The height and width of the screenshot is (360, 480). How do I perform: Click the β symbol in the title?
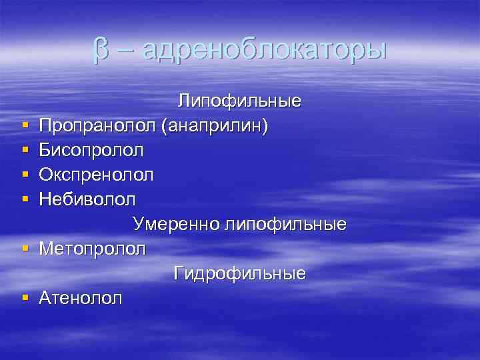tap(101, 51)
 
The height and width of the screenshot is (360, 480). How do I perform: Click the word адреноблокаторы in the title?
tap(265, 51)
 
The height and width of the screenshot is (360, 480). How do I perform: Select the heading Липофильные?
tap(239, 101)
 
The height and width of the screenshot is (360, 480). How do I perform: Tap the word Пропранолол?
tap(97, 126)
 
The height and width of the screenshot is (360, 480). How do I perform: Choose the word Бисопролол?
tap(91, 151)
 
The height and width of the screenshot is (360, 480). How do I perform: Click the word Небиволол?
tap(87, 199)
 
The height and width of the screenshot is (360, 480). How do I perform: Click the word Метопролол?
tap(92, 249)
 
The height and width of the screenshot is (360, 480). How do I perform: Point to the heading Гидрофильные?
tap(239, 273)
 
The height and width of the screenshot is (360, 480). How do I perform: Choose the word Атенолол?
tap(81, 298)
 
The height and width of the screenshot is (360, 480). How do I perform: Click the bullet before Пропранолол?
tap(24, 126)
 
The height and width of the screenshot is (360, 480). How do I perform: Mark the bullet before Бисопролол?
tap(24, 151)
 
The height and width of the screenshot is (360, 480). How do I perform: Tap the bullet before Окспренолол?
tap(24, 175)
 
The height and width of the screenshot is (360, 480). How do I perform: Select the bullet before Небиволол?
tap(24, 200)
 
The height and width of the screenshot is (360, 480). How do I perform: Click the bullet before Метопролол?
tap(24, 249)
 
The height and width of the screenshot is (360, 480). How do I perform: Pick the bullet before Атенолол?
tap(24, 298)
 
